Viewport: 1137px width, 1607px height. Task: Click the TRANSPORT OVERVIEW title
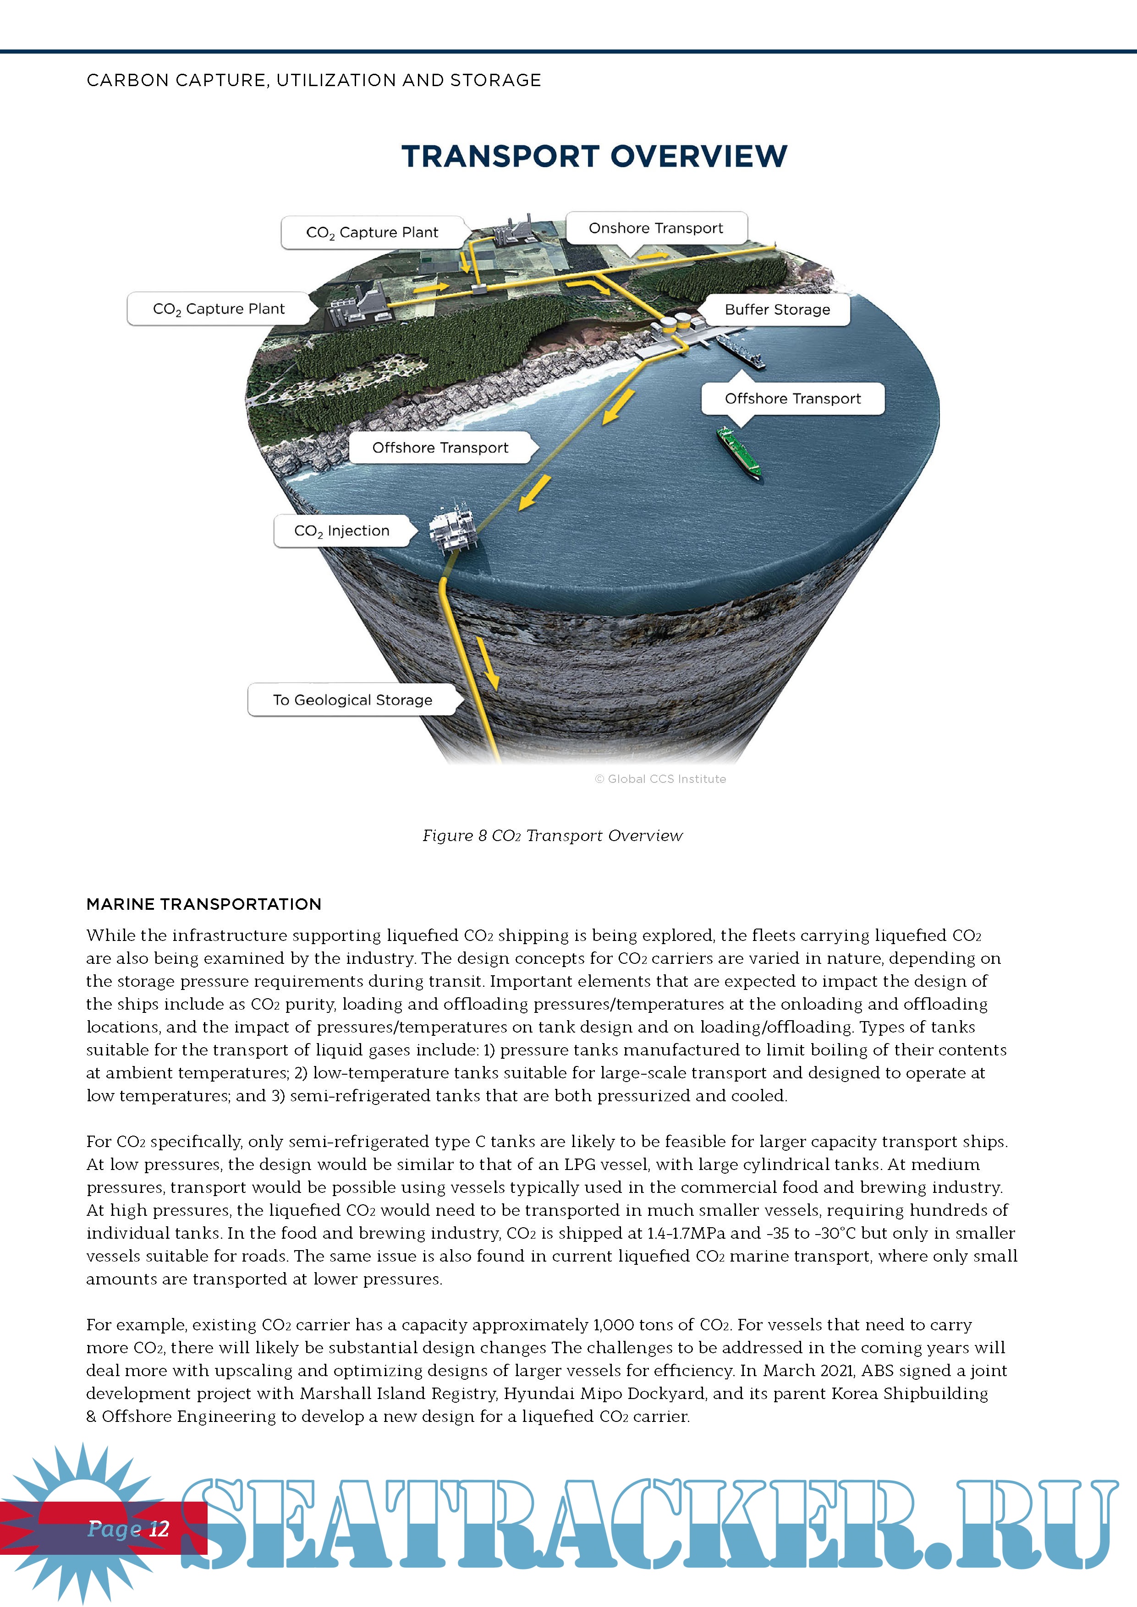pos(593,156)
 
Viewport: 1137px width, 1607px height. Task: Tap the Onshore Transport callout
pos(656,228)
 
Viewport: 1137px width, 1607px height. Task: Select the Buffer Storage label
pos(777,309)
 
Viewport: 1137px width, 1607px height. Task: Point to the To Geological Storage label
pos(353,700)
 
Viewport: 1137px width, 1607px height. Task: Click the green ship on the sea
pos(739,454)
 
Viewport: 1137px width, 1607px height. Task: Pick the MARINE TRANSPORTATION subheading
pos(204,904)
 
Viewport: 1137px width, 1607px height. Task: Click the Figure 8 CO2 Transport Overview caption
pos(552,836)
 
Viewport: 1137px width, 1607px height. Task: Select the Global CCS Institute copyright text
pos(660,779)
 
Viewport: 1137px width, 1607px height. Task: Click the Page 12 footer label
pos(128,1529)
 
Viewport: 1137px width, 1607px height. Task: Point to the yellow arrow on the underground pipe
pos(489,662)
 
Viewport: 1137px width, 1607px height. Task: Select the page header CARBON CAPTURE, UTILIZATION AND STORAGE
pos(313,81)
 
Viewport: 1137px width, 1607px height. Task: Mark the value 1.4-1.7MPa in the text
pos(686,1233)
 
